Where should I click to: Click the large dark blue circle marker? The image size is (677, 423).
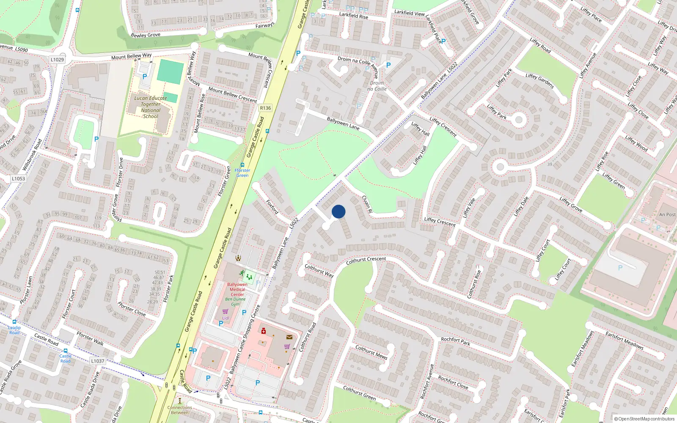click(x=338, y=211)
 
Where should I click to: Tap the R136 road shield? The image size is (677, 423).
click(x=265, y=108)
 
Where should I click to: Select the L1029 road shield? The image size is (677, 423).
click(x=57, y=60)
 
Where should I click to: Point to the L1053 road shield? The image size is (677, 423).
click(x=18, y=179)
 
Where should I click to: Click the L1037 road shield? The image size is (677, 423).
click(x=98, y=361)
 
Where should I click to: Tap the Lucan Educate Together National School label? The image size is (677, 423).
click(x=151, y=107)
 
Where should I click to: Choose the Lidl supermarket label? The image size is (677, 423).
click(x=226, y=318)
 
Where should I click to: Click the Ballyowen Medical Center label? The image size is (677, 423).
click(x=237, y=289)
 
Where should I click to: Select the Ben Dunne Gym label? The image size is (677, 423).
click(x=235, y=302)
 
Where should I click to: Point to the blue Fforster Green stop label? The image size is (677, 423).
click(x=242, y=173)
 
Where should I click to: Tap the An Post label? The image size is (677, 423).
click(x=667, y=214)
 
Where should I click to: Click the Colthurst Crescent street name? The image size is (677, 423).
click(x=366, y=261)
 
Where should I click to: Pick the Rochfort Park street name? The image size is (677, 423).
click(x=455, y=341)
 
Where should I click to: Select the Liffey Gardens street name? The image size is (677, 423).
click(x=539, y=81)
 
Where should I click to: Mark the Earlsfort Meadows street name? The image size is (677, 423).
click(x=624, y=341)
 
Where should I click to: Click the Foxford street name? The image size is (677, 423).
click(x=272, y=206)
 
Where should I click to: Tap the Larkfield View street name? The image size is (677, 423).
click(x=409, y=13)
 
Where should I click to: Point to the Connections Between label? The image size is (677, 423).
click(x=180, y=410)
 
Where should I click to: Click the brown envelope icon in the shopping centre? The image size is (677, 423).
click(x=289, y=337)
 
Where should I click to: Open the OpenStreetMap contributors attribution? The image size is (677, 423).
click(x=645, y=419)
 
